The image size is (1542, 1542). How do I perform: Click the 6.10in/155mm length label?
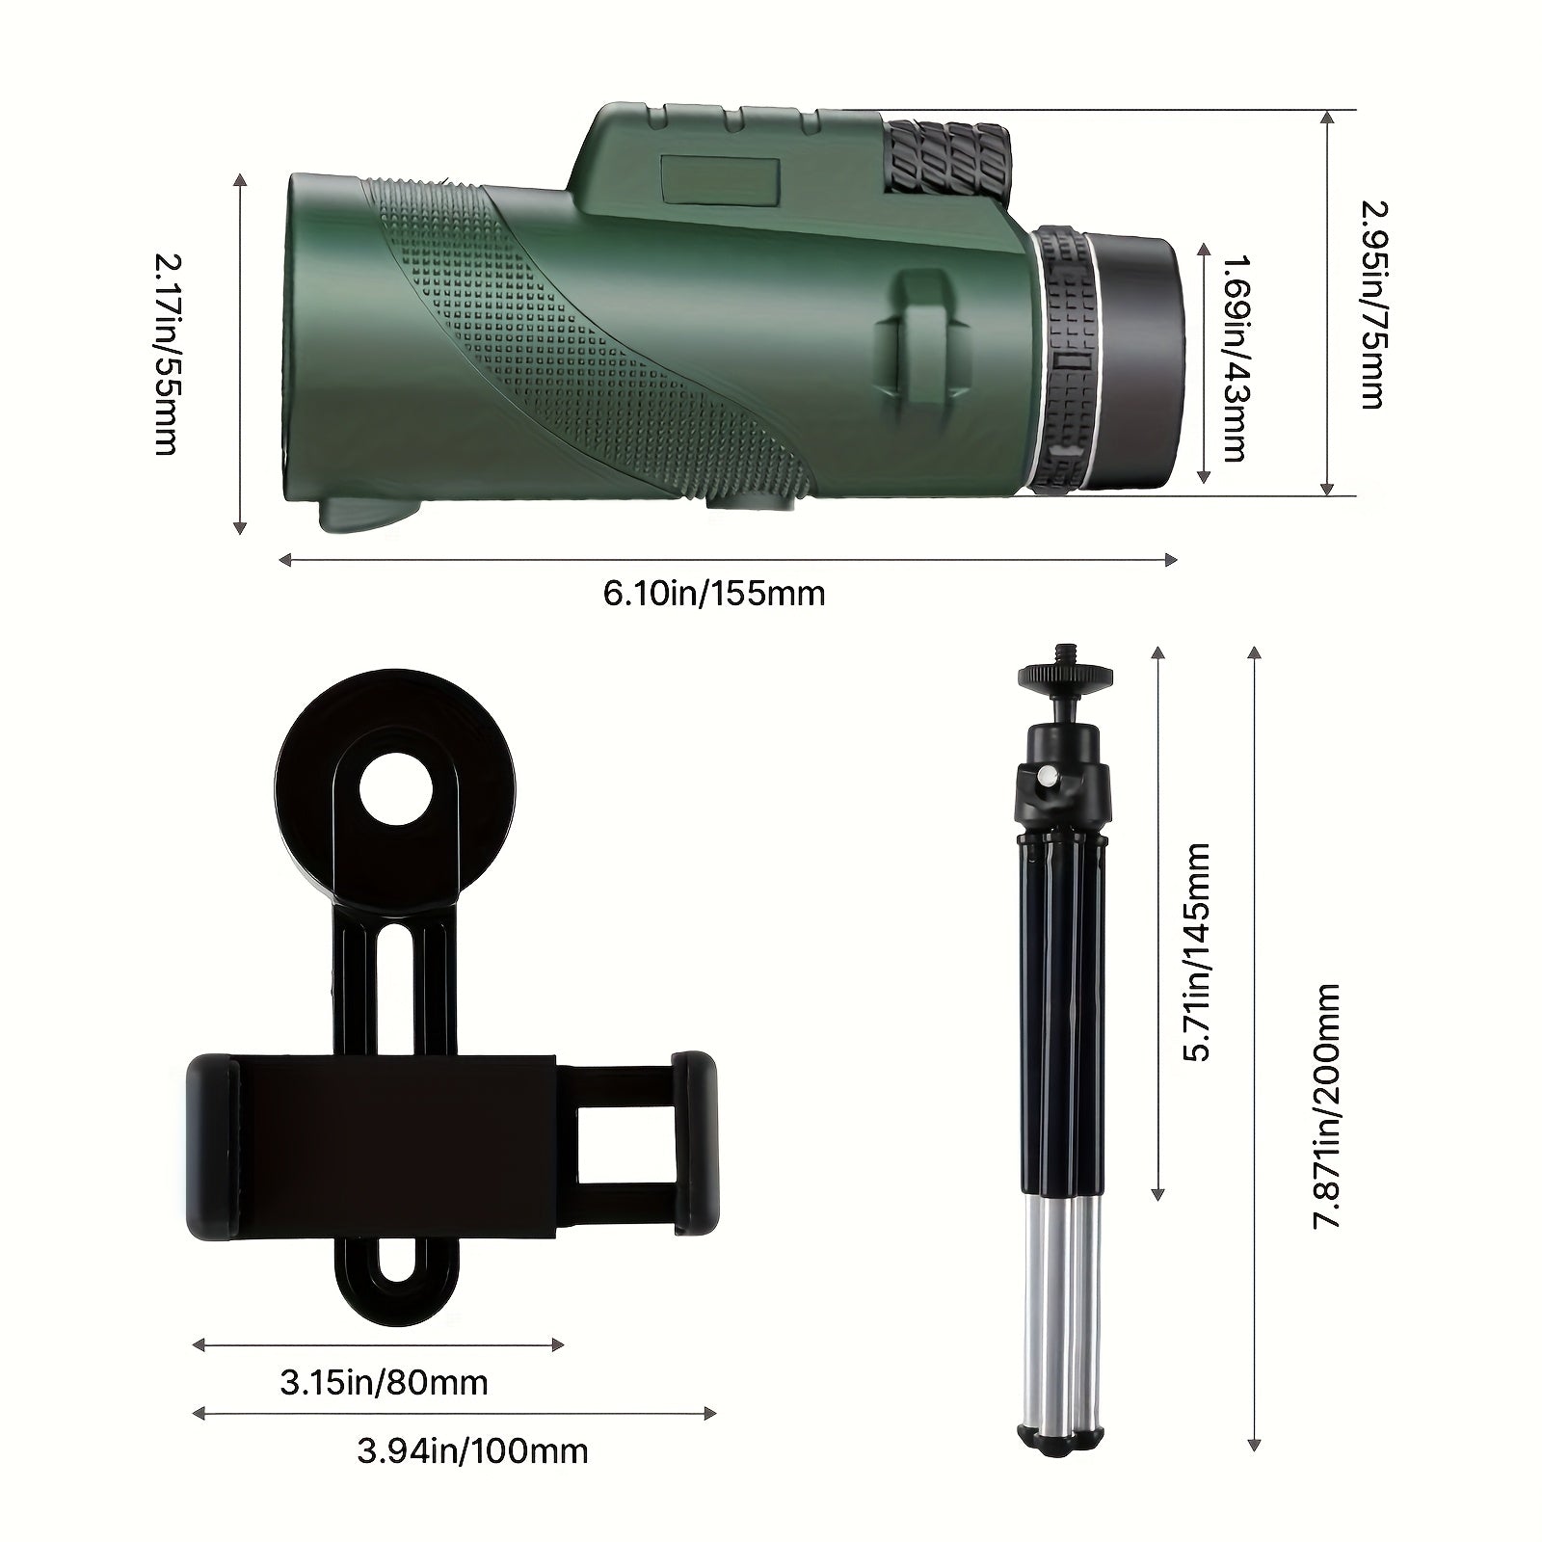pyautogui.click(x=714, y=593)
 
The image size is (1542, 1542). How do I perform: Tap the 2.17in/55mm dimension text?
pyautogui.click(x=167, y=353)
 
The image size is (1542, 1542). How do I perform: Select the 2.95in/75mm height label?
pyautogui.click(x=1370, y=304)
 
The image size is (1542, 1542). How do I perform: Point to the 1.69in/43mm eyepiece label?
pyautogui.click(x=1235, y=359)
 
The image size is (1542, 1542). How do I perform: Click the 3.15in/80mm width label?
pyautogui.click(x=384, y=1383)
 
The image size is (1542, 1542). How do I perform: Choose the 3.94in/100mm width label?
pyautogui.click(x=472, y=1450)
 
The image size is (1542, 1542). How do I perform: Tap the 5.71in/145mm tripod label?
pyautogui.click(x=1196, y=951)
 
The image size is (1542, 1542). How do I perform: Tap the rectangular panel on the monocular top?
pyautogui.click(x=722, y=180)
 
